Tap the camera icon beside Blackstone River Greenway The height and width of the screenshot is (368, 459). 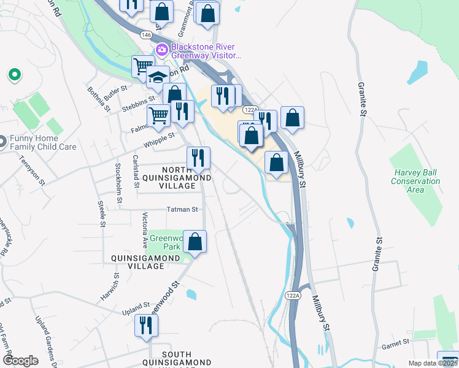pyautogui.click(x=162, y=50)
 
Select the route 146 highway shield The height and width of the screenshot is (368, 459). pyautogui.click(x=145, y=36)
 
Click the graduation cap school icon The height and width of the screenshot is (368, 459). pyautogui.click(x=158, y=77)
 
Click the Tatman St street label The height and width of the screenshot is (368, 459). pyautogui.click(x=182, y=209)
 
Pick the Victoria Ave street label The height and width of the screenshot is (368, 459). pyautogui.click(x=145, y=229)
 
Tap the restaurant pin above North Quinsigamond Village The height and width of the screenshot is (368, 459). pyautogui.click(x=198, y=158)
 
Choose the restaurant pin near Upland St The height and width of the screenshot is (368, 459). pyautogui.click(x=145, y=325)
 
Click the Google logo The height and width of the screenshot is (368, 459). pyautogui.click(x=20, y=360)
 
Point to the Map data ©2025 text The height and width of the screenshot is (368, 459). pyautogui.click(x=432, y=363)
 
